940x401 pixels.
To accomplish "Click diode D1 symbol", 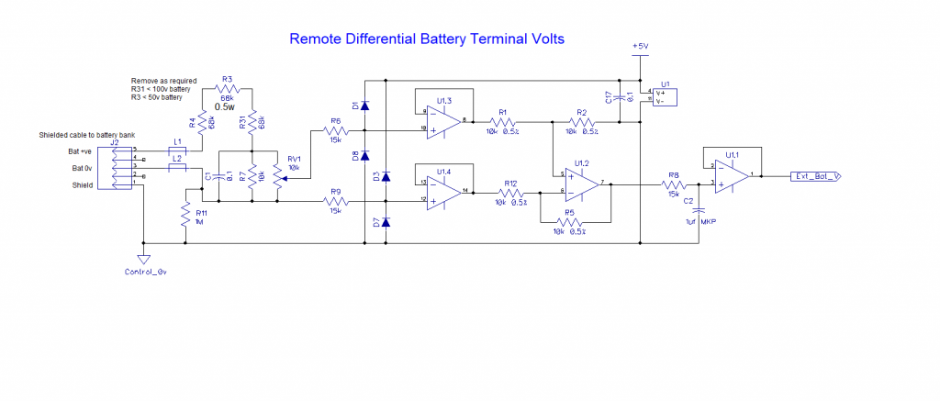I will click(364, 106).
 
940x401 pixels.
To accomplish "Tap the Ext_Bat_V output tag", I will click(816, 175).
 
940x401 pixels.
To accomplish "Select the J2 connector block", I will click(116, 168).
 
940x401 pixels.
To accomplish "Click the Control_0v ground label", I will click(144, 272).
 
